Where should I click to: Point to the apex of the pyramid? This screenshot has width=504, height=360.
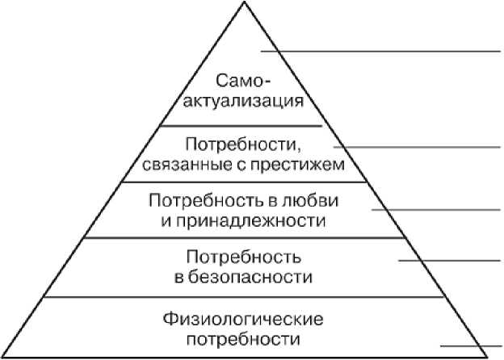tap(242, 4)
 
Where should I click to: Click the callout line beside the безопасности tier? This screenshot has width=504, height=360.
tap(449, 260)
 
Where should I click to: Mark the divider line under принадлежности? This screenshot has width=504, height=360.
tap(242, 237)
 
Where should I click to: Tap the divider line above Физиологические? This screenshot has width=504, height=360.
tap(242, 297)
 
